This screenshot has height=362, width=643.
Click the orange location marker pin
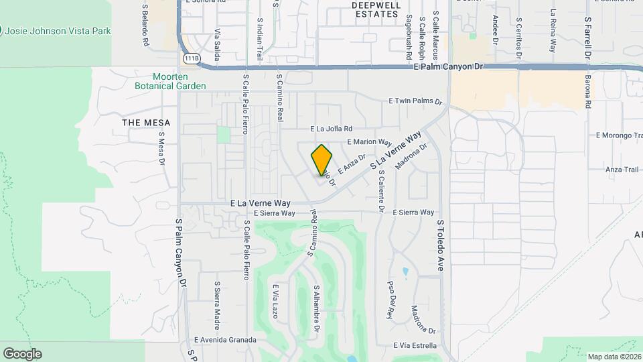pyautogui.click(x=322, y=160)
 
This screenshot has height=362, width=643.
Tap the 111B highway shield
pyautogui.click(x=192, y=58)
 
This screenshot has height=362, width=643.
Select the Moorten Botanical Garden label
pyautogui.click(x=170, y=81)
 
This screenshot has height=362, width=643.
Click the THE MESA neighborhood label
pyautogui.click(x=147, y=123)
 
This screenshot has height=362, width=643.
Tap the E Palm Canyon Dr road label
pyautogui.click(x=448, y=67)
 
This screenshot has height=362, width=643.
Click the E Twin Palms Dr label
pyautogui.click(x=416, y=101)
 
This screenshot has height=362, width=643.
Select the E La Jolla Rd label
pyautogui.click(x=340, y=129)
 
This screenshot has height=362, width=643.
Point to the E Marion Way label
pyautogui.click(x=370, y=142)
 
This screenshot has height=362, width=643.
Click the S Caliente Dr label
pyautogui.click(x=380, y=191)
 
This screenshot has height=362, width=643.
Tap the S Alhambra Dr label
pyautogui.click(x=317, y=308)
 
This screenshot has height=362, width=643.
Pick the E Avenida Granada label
pyautogui.click(x=225, y=340)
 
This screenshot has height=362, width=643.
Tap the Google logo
pyautogui.click(x=22, y=354)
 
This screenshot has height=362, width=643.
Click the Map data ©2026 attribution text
pyautogui.click(x=614, y=357)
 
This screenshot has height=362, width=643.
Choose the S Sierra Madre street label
pyautogui.click(x=217, y=304)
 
